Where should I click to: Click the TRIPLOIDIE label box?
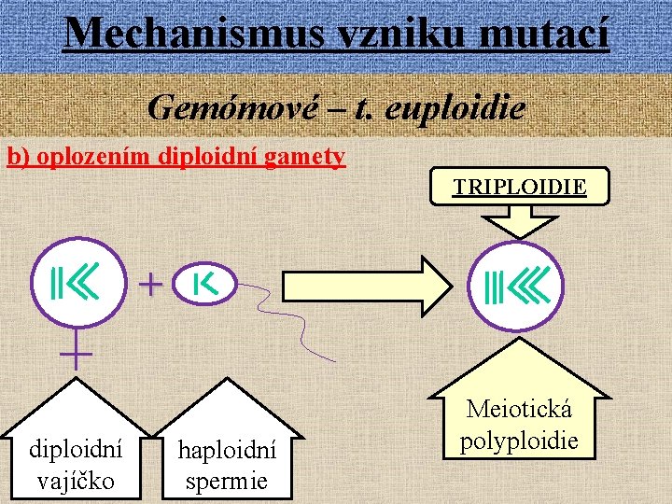(520, 187)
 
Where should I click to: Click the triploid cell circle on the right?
(516, 287)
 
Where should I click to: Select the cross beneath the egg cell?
(76, 353)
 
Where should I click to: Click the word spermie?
(227, 481)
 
